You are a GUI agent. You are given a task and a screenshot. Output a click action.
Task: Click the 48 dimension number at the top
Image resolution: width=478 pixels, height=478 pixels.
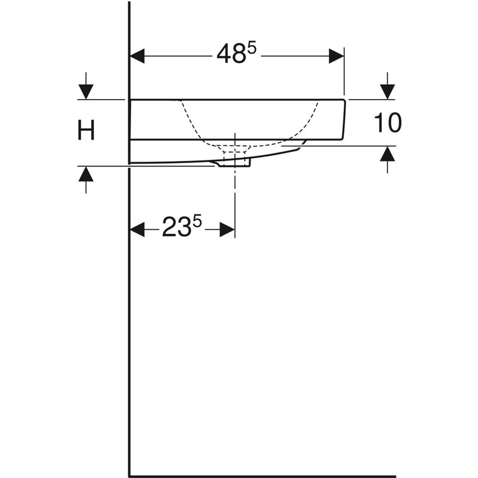(x=230, y=55)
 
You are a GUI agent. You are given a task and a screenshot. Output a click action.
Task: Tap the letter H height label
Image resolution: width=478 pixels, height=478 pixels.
(x=85, y=132)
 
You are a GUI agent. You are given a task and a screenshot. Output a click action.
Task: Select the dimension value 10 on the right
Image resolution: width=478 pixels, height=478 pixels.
(x=387, y=123)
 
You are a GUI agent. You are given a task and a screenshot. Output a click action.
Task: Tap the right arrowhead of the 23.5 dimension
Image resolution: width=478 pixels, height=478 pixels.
(x=227, y=229)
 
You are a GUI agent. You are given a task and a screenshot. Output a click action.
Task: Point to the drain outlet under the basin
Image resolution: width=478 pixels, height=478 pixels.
(x=235, y=162)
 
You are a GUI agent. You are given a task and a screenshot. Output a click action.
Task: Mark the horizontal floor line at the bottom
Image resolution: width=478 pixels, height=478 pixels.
(x=261, y=476)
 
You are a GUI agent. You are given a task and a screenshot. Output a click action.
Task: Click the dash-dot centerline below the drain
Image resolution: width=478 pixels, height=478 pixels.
(x=235, y=191)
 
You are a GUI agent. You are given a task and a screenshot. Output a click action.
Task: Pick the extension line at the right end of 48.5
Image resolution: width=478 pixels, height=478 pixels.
(x=344, y=73)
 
